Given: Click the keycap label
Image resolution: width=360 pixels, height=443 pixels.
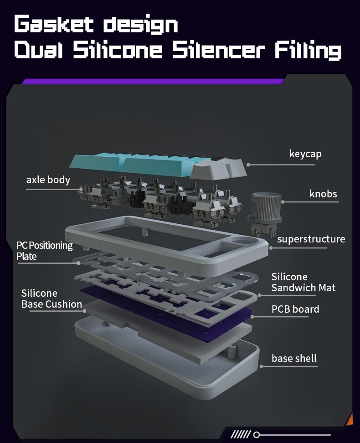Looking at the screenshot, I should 305,154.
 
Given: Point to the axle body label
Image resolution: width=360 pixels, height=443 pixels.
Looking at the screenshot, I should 48,180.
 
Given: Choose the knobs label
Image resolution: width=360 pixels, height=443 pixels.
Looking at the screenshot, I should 323,194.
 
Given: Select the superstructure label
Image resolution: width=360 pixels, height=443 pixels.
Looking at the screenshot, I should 311,239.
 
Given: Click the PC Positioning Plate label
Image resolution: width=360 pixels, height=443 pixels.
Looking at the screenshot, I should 45,251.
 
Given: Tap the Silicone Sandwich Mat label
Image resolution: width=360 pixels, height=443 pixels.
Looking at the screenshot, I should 303,282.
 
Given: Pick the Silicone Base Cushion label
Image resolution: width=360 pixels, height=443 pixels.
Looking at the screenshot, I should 51,299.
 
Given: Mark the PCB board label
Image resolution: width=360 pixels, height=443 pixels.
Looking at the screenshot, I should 295,309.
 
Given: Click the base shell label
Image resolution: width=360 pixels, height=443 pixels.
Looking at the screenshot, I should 294,358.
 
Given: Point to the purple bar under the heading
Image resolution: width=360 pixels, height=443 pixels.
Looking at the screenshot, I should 153,82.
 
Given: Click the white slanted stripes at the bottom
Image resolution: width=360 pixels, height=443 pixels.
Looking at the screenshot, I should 241,434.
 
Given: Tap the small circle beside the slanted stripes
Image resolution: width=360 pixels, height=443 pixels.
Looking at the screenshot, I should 257,434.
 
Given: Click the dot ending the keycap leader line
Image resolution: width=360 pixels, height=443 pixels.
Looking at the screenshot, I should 249,164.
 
